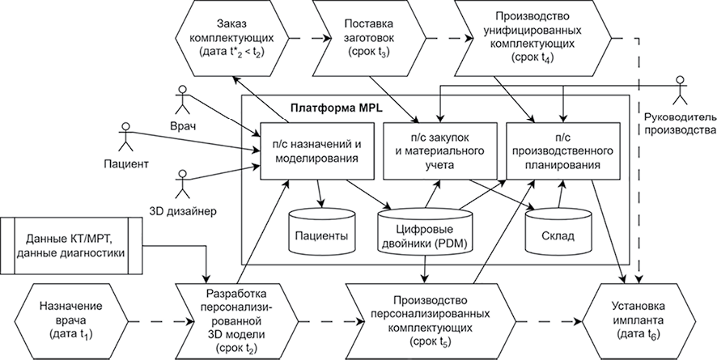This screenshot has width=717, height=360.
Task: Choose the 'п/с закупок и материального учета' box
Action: click(x=437, y=151)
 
